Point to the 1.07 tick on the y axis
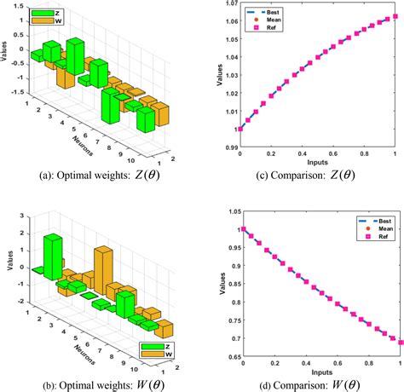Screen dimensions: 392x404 228,5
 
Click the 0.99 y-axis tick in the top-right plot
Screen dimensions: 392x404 228,147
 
